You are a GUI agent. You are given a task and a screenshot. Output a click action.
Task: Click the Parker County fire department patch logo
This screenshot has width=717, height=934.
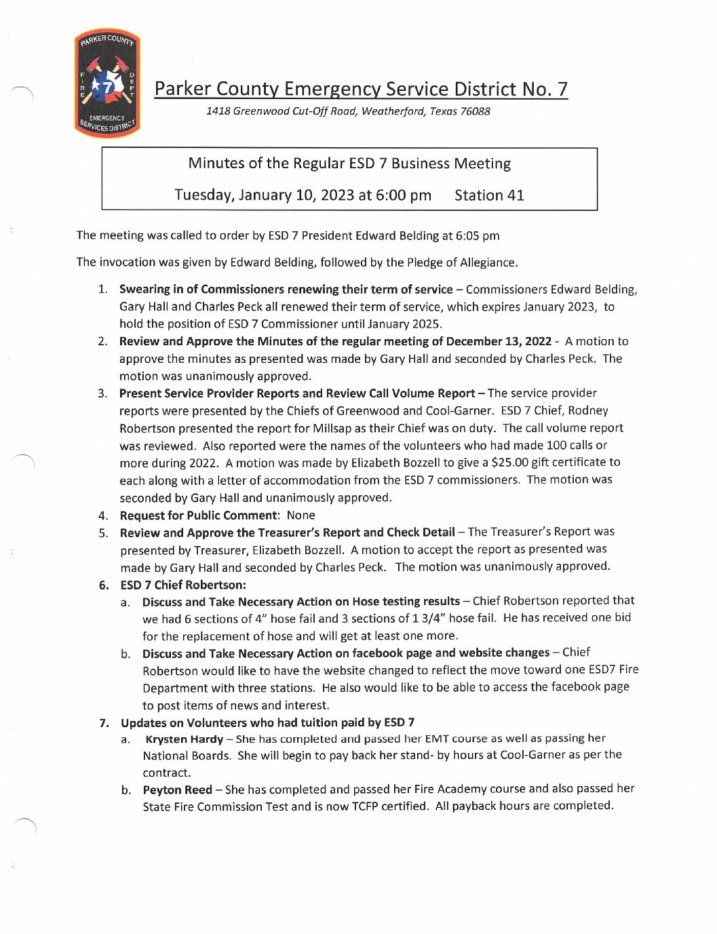[107, 83]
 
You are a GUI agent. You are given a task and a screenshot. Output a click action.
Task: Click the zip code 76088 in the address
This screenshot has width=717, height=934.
[475, 111]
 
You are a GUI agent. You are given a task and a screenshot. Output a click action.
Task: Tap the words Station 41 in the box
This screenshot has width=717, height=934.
[489, 195]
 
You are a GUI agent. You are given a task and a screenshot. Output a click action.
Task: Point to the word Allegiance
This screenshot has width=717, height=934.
[488, 262]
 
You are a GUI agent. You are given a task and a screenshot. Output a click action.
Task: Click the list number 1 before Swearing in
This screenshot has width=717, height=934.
[102, 290]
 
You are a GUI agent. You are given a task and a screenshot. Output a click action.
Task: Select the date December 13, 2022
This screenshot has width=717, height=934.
[499, 341]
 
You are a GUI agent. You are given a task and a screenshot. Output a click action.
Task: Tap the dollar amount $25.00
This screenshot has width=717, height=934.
[510, 463]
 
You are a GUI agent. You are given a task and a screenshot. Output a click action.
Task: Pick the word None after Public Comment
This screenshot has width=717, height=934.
[301, 515]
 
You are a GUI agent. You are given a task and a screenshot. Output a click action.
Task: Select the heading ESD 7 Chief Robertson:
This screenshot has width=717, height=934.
[183, 585]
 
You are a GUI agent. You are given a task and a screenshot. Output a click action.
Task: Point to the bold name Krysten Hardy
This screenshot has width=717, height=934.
[185, 739]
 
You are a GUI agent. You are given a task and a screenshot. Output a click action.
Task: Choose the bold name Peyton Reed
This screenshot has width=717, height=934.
[177, 790]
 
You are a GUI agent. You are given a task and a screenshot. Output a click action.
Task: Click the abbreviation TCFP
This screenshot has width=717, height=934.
[365, 806]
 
